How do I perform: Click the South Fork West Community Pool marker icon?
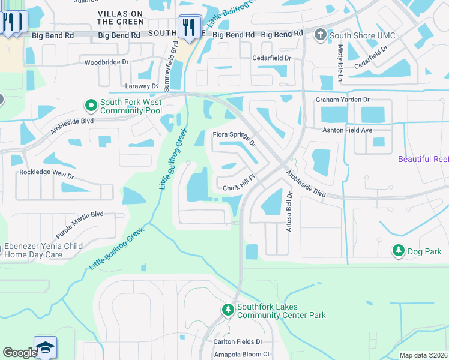pos(91,106)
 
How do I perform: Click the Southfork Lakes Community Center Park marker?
pos(228,310)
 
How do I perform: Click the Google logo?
pos(20,353)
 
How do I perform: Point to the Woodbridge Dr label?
pos(107,62)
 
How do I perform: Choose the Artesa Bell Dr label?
pos(289,212)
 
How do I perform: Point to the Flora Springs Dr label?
pos(235,139)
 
